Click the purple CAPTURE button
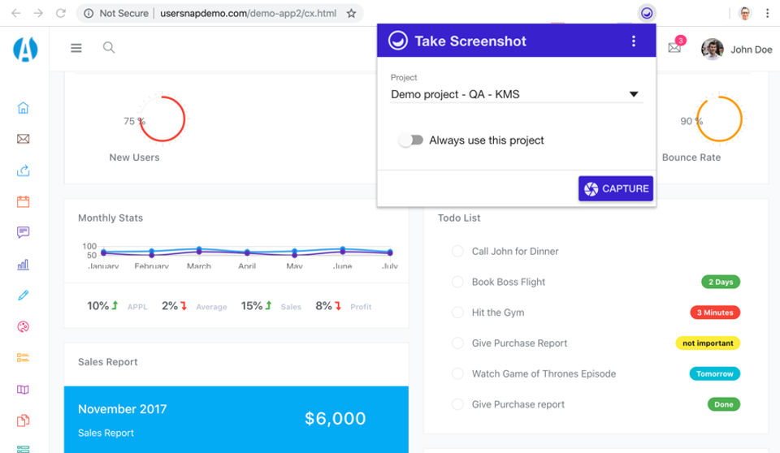tap(616, 188)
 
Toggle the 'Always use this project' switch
tap(411, 140)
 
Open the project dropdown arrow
tap(634, 94)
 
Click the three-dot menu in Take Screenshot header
tap(634, 41)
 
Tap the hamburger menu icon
tap(76, 48)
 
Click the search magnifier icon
tap(109, 48)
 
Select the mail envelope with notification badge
tap(674, 48)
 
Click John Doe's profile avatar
tap(713, 50)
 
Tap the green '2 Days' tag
tap(721, 282)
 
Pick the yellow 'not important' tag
tap(708, 343)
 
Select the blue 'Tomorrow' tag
tap(715, 374)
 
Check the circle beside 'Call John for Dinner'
tap(457, 252)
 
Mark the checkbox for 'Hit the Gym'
tap(457, 313)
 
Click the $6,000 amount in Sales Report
tap(335, 419)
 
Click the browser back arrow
tap(15, 13)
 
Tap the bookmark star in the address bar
tap(351, 13)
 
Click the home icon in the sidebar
tap(23, 108)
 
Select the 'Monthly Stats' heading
tap(110, 218)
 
